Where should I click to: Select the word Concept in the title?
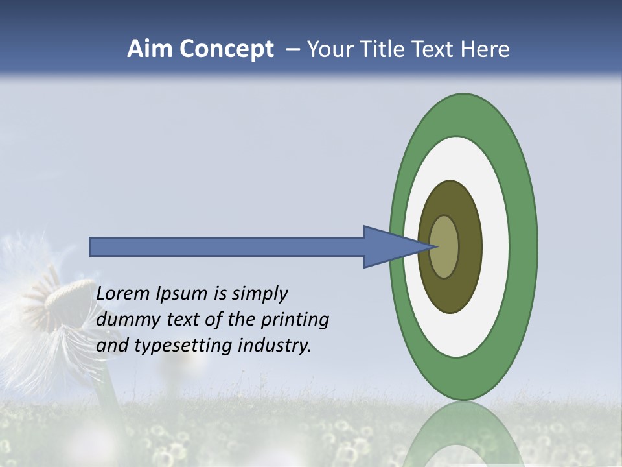225,49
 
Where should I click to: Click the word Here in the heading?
485,49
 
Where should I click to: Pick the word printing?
295,320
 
